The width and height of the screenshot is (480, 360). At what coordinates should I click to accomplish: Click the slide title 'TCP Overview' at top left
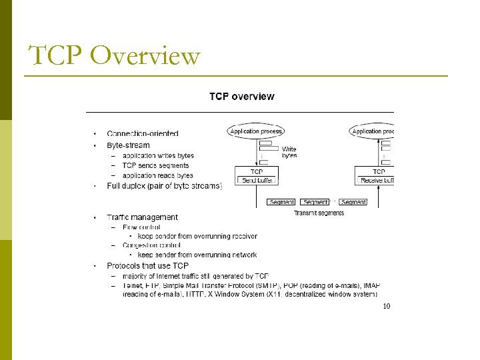114,56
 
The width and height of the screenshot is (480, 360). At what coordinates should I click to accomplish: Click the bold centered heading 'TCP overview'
241,97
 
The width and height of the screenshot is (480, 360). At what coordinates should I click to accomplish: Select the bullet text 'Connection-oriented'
143,134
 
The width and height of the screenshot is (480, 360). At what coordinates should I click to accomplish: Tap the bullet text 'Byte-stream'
128,145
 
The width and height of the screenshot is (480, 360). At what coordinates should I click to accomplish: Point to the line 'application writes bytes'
158,156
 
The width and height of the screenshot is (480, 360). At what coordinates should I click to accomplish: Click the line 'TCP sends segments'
155,165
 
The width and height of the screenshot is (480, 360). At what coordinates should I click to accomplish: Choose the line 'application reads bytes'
157,175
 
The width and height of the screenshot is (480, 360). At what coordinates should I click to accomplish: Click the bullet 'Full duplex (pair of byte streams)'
164,186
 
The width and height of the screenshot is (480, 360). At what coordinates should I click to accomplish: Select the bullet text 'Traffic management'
142,217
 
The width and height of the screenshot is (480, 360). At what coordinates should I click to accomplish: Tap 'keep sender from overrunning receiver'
197,236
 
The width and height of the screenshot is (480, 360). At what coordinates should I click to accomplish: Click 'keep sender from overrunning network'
197,255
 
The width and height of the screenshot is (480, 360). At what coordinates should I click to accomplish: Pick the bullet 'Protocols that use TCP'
147,266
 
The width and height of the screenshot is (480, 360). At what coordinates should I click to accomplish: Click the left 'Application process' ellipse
256,131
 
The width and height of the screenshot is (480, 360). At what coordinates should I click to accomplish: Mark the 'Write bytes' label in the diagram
289,152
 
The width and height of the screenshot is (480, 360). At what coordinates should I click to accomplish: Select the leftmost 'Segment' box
281,202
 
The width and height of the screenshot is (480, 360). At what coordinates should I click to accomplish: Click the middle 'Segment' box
315,202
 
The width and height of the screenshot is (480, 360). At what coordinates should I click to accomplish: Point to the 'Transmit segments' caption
319,213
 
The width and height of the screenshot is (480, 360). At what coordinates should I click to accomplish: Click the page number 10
385,307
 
